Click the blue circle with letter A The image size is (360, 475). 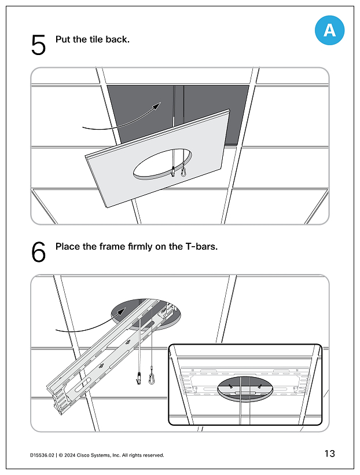329,30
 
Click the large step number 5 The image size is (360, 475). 38,45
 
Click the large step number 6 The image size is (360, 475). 38,252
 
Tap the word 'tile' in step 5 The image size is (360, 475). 96,39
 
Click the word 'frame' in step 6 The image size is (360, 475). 112,247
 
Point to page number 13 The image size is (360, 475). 330,454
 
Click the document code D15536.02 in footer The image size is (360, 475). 42,455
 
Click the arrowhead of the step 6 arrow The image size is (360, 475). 122,312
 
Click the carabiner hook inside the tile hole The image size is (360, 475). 184,171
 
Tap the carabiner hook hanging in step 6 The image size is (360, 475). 151,379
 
